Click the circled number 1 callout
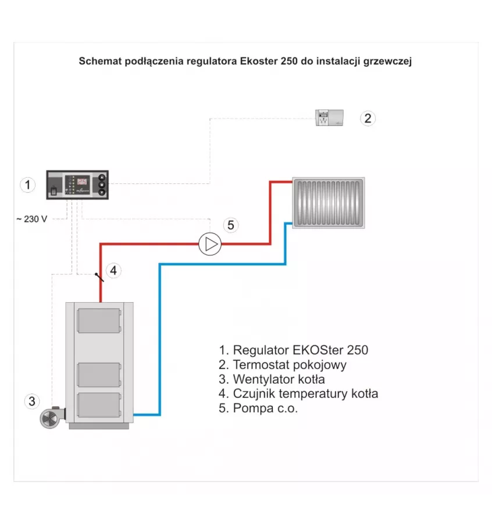(x=27, y=185)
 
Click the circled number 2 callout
(x=367, y=118)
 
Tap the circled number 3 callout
(x=32, y=401)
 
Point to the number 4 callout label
(x=114, y=270)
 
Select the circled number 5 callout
(x=231, y=225)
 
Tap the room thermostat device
(x=329, y=118)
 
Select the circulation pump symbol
(x=210, y=243)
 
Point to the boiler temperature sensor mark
(x=99, y=277)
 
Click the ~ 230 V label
(x=31, y=219)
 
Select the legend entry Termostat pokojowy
(x=283, y=365)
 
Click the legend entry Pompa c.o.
(x=258, y=408)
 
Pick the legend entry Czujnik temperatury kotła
(x=298, y=394)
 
